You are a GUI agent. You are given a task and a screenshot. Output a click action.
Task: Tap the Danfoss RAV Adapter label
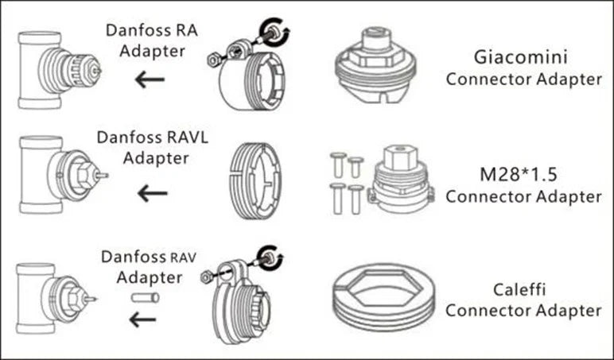[148, 266]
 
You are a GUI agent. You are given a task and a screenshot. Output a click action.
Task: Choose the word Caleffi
[523, 288]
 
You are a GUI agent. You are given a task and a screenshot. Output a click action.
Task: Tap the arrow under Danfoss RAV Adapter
[144, 319]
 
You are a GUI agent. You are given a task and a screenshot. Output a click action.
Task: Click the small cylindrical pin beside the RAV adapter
[146, 298]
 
